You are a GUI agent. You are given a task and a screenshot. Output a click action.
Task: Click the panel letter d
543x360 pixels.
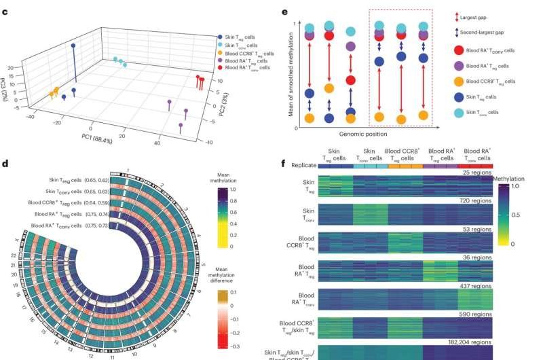click(x=6, y=163)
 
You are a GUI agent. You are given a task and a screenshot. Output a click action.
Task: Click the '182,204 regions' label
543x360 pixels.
click(x=467, y=343)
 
